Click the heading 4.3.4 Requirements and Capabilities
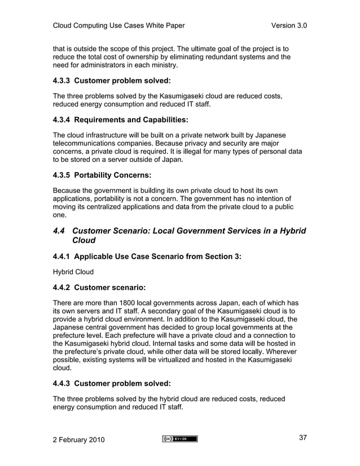click(x=120, y=120)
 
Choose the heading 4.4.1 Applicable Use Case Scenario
click(x=147, y=257)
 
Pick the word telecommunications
click(x=90, y=143)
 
